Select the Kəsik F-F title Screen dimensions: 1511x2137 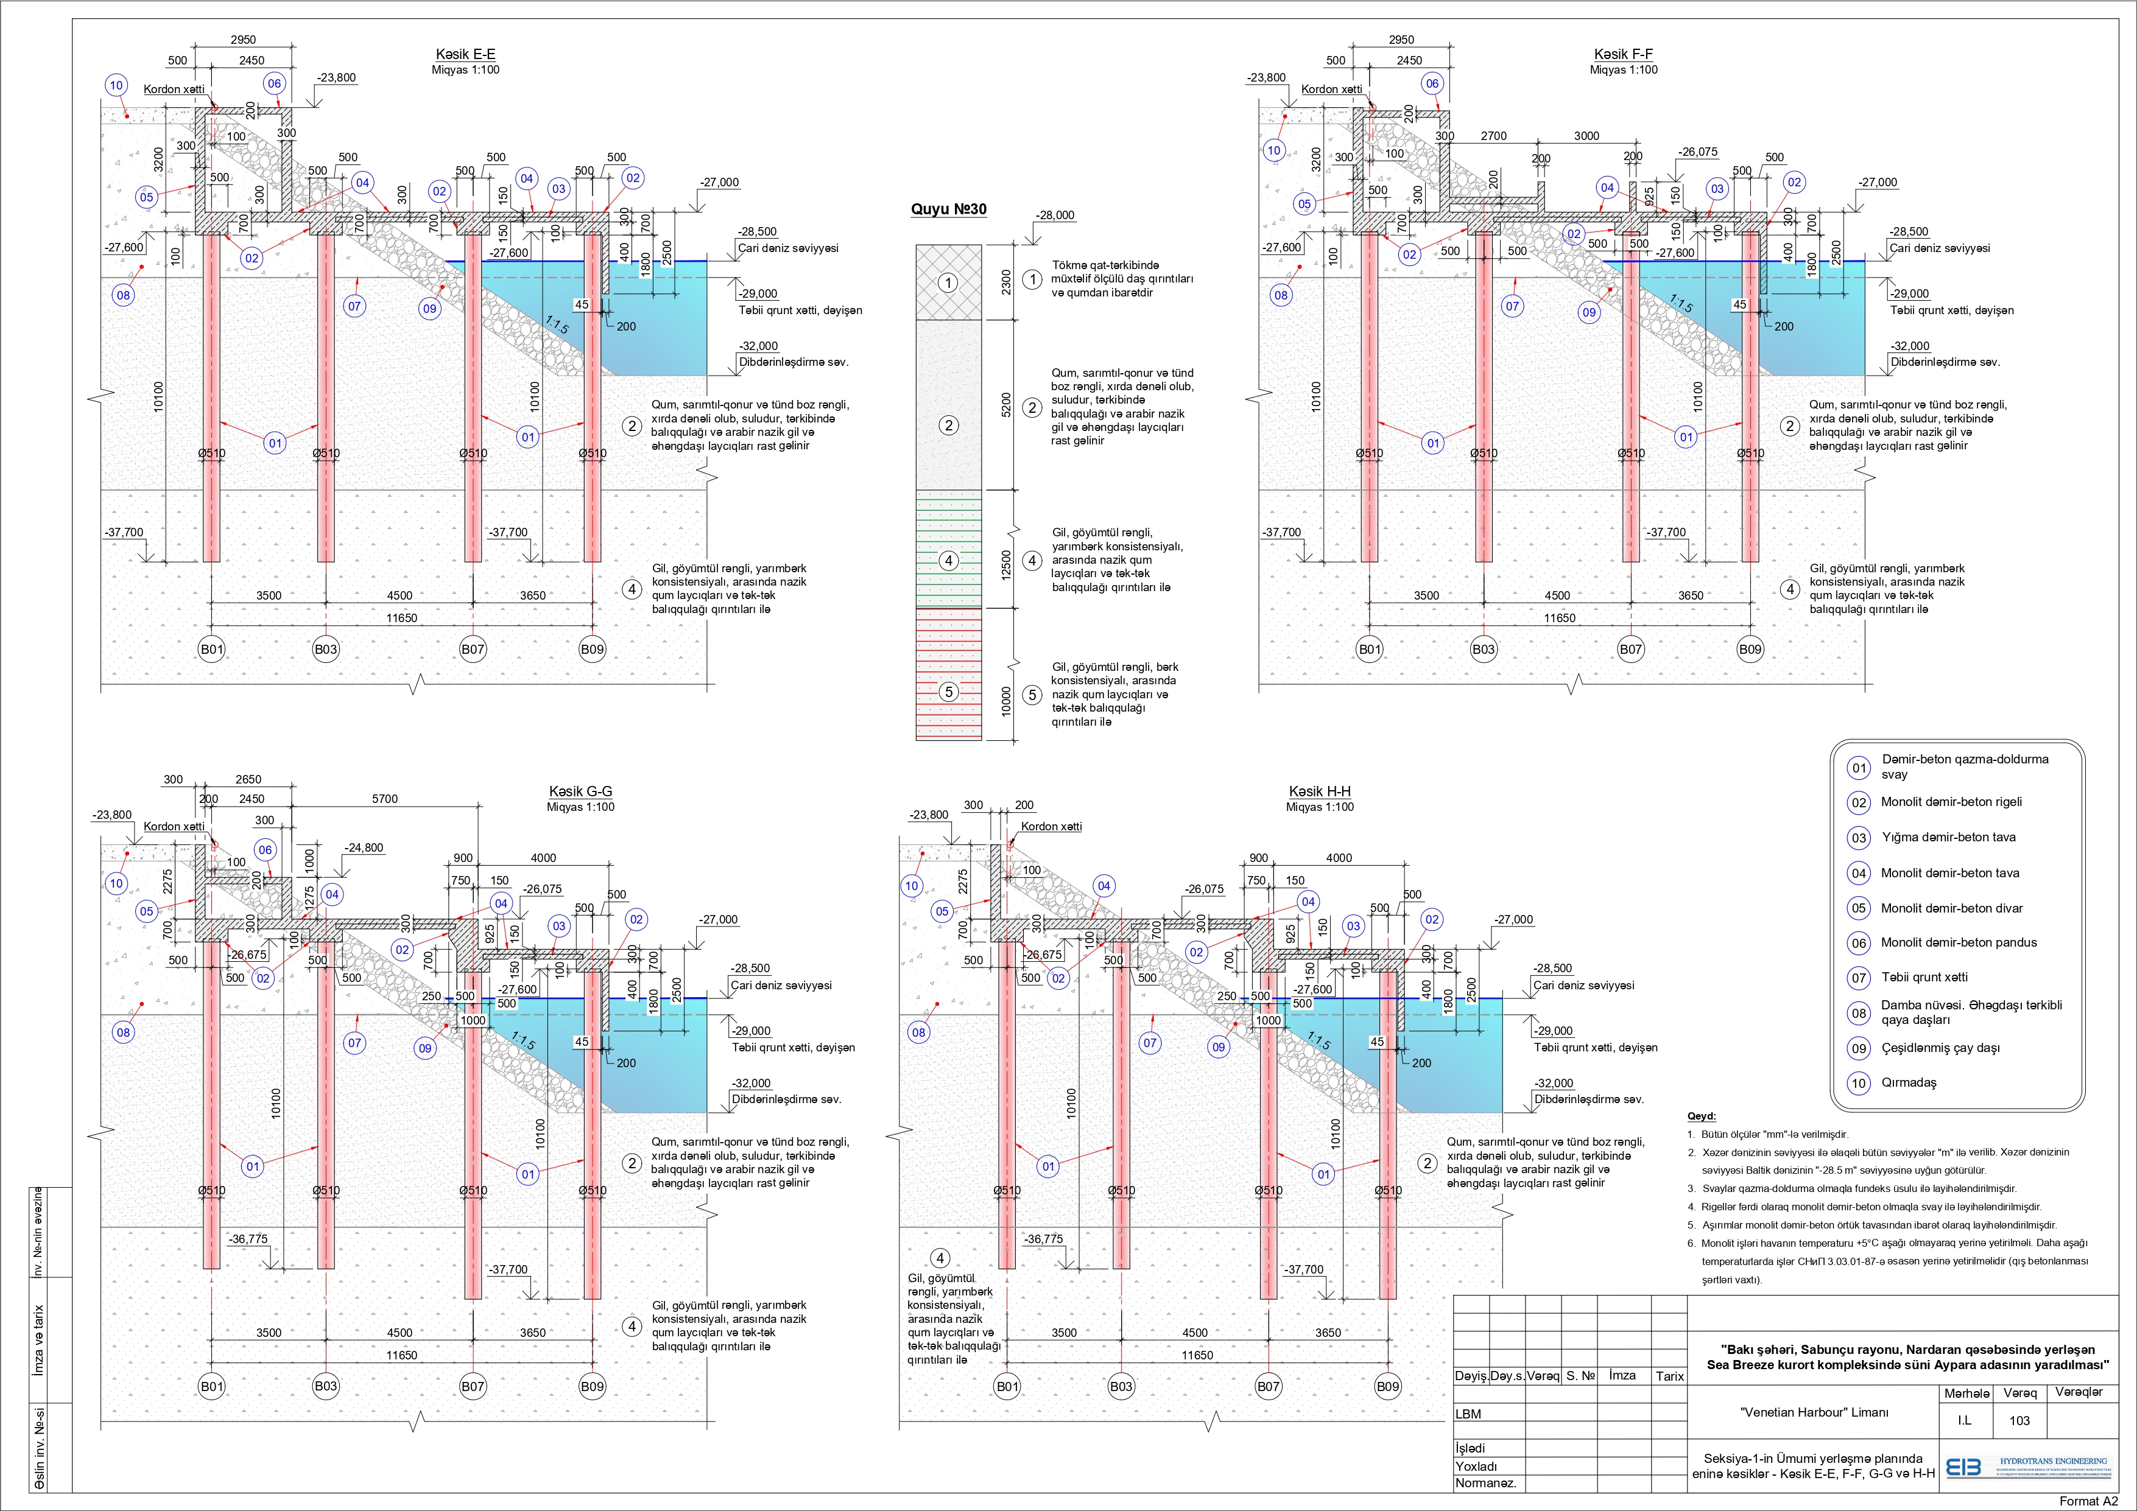click(x=1623, y=55)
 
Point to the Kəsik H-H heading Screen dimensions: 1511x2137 click(x=1319, y=792)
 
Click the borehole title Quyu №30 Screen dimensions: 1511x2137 click(x=948, y=210)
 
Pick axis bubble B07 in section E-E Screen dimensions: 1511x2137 click(x=473, y=650)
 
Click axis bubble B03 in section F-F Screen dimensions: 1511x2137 click(x=1484, y=650)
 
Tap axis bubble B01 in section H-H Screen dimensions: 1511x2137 click(x=1007, y=1386)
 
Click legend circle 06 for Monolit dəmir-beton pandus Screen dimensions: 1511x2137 click(x=1859, y=944)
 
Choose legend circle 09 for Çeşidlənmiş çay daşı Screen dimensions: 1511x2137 click(x=1859, y=1048)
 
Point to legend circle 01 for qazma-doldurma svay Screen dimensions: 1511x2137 click(x=1859, y=768)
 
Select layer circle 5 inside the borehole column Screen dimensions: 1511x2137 click(x=948, y=692)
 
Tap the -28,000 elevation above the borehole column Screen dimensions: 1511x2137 click(x=1055, y=215)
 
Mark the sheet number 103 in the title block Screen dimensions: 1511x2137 click(x=2019, y=1421)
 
